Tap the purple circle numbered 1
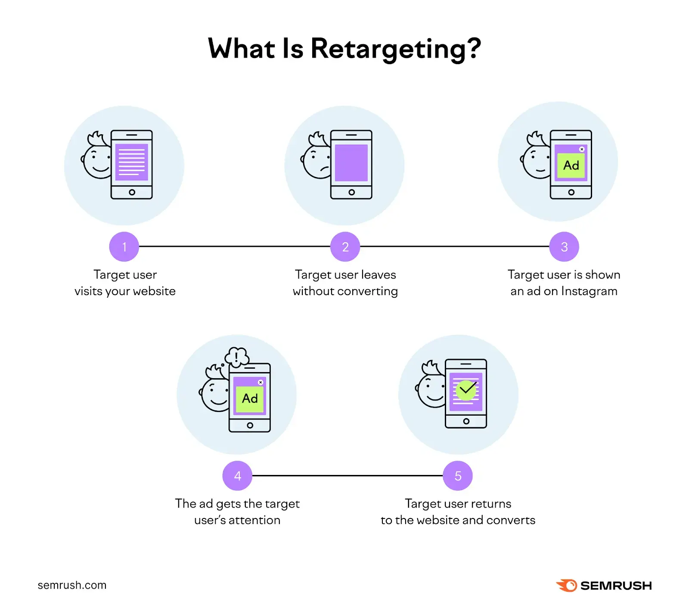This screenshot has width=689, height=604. point(124,247)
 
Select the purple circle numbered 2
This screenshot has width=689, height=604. point(345,247)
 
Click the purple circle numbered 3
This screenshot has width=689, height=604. point(564,247)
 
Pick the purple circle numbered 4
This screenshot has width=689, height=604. point(237,476)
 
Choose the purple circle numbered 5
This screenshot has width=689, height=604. point(458,476)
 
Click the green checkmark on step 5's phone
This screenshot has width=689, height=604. point(466,390)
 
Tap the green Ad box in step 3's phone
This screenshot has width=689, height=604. point(571,166)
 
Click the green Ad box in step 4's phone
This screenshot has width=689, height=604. point(250,399)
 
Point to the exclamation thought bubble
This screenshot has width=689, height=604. point(236,356)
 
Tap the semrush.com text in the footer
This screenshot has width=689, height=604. point(72,585)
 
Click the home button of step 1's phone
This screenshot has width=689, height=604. point(132,192)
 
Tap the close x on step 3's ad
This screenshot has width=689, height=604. point(582,149)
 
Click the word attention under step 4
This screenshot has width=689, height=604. point(254,520)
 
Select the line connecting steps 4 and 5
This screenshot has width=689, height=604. point(348,476)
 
